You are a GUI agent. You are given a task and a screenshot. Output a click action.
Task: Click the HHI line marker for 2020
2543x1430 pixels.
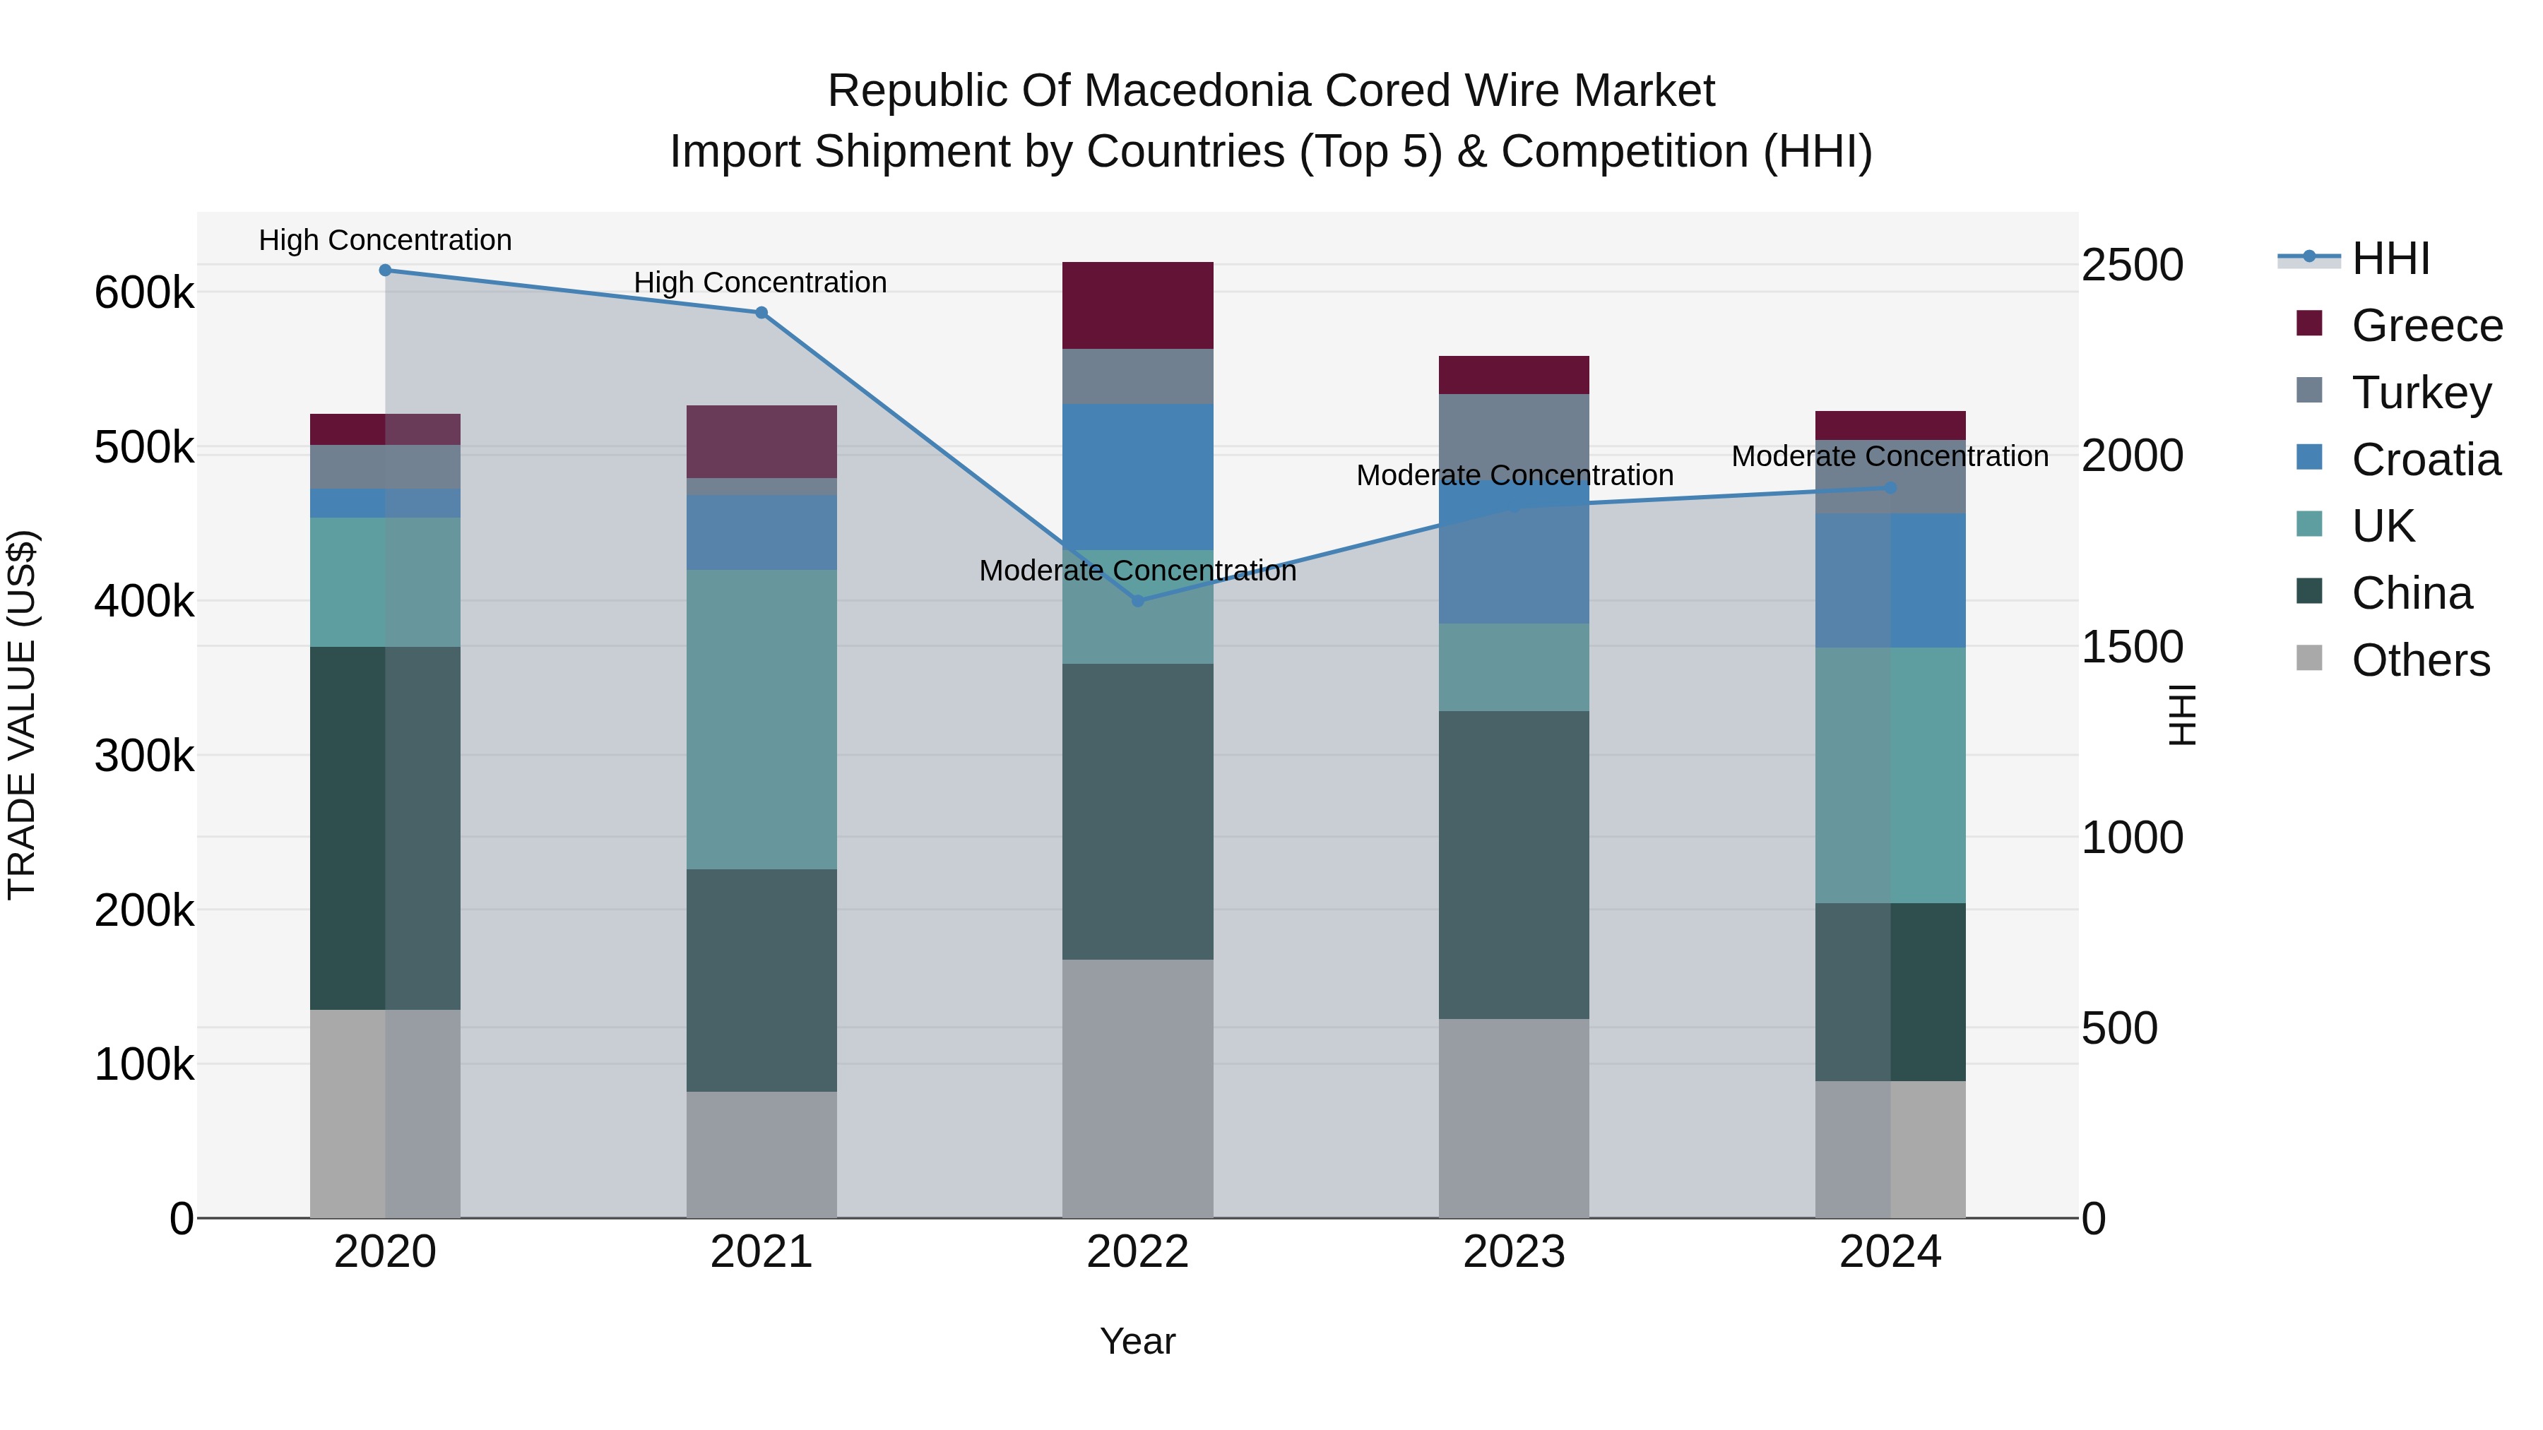[x=385, y=270]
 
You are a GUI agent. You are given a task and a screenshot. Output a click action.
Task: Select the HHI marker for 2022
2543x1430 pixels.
[x=1137, y=601]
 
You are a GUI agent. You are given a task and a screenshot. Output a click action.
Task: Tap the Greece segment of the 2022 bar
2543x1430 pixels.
[x=1137, y=305]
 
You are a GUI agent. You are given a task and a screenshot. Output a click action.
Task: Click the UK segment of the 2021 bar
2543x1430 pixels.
[x=761, y=720]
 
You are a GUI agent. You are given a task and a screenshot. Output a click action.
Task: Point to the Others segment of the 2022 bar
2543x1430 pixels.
[x=1137, y=1088]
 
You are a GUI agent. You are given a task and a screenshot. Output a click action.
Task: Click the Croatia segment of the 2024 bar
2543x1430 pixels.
[x=1890, y=580]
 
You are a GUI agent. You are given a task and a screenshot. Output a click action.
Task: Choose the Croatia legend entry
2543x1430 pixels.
[x=2426, y=460]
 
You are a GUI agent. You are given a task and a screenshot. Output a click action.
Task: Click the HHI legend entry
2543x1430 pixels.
[x=2389, y=258]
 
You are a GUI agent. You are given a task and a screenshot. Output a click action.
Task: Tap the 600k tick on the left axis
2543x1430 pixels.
[x=144, y=293]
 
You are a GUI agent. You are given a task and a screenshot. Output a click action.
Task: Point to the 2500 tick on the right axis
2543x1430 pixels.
[x=2133, y=266]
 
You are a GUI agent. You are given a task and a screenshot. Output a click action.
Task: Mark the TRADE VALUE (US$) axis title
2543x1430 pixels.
[x=22, y=715]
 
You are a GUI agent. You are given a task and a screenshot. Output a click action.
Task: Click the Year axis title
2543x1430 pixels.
[x=1137, y=1341]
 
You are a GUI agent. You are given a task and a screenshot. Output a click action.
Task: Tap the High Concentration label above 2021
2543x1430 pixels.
[x=760, y=283]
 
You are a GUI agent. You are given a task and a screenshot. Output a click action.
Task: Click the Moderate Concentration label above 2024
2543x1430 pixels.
[x=1890, y=457]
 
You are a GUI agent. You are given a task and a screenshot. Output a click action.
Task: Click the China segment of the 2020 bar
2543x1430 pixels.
[x=385, y=828]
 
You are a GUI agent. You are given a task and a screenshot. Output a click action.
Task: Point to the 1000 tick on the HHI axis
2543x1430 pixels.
[x=2133, y=838]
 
